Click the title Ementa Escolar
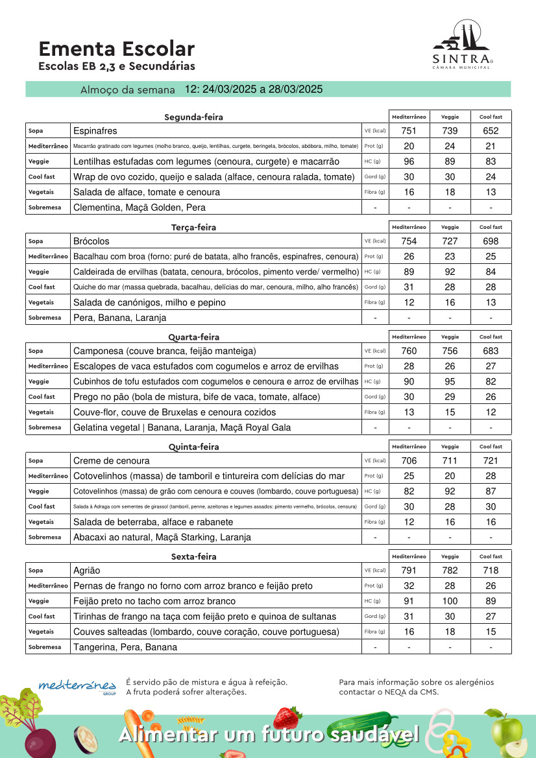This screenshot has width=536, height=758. (116, 49)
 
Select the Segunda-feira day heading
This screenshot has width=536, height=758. (193, 117)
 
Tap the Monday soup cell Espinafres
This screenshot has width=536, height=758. (95, 131)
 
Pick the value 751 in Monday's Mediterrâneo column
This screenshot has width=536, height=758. (409, 131)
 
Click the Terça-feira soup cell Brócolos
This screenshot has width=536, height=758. (91, 241)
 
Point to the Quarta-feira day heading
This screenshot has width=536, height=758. (193, 337)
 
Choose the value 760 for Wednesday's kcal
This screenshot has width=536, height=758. (409, 351)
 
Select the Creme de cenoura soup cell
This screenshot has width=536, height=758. (112, 461)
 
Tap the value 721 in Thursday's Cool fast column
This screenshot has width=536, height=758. (491, 461)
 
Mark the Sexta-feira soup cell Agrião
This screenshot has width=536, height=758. (87, 571)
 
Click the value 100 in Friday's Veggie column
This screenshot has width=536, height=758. (450, 601)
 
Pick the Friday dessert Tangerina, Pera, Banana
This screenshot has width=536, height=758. (125, 647)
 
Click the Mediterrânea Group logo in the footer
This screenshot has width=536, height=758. (77, 686)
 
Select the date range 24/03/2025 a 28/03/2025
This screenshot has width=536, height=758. (254, 89)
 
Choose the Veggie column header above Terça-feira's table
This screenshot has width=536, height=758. (450, 227)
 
